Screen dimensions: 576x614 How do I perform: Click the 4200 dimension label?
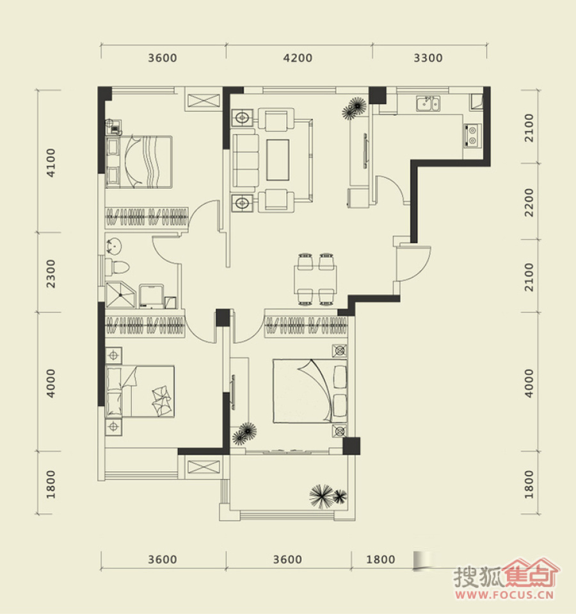point(298,58)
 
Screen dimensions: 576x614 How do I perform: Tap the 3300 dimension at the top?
point(428,58)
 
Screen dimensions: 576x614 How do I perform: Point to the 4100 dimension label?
point(51,163)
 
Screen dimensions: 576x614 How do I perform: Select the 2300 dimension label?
point(51,273)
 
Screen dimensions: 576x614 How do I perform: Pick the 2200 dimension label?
point(529,202)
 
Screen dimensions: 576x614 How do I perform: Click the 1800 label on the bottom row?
point(380,560)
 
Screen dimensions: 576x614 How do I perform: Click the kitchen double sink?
point(428,103)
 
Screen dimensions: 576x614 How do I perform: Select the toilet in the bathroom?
point(116,267)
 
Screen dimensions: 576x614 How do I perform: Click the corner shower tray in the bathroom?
point(120,295)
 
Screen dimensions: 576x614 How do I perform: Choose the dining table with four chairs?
point(316,280)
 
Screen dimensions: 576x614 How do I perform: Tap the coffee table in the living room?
point(278,160)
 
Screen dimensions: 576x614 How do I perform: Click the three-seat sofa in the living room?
point(246,160)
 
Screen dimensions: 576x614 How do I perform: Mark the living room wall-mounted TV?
point(365,150)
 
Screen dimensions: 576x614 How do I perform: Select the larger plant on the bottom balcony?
point(322,496)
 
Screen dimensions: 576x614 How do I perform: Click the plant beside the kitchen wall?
point(355,108)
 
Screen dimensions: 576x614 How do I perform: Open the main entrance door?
point(413,263)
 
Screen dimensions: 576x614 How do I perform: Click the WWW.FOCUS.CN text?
point(505,595)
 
